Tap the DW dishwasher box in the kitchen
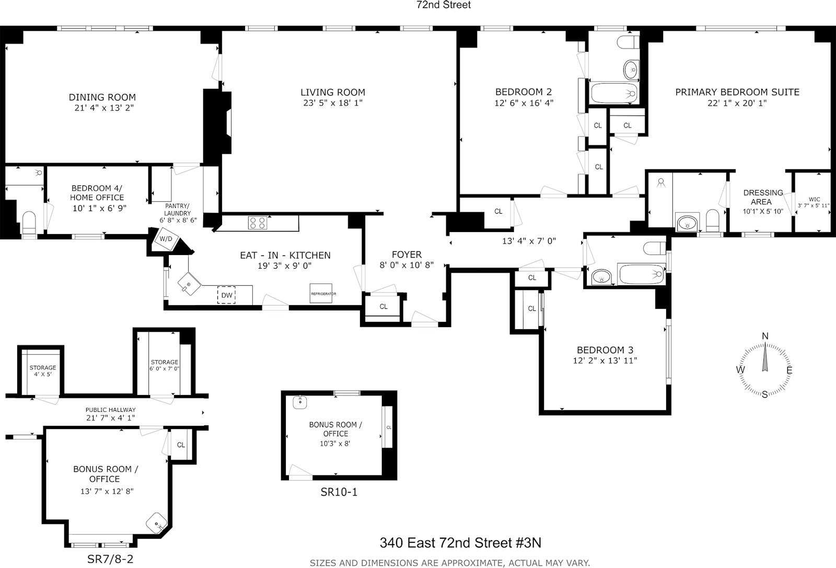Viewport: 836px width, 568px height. coord(227,295)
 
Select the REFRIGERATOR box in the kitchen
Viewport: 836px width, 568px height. coord(321,294)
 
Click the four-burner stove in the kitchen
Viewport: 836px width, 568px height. coord(257,223)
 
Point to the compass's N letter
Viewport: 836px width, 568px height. coord(765,336)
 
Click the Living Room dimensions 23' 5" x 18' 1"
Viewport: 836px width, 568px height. coord(332,103)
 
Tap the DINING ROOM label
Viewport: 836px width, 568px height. coord(102,97)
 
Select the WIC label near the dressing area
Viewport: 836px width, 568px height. coord(814,199)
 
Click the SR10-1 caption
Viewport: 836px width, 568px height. coord(339,492)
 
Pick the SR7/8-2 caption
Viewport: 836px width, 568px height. coord(110,559)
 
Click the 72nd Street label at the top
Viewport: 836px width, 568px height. coord(444,5)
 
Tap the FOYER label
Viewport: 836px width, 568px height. coord(407,254)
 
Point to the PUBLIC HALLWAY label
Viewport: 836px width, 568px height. coord(111,410)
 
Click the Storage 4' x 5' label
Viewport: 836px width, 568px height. coord(42,371)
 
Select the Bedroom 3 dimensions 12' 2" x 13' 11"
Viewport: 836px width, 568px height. coord(605,361)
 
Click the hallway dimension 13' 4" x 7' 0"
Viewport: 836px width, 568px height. coord(529,241)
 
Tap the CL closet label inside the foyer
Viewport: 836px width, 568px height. coord(384,307)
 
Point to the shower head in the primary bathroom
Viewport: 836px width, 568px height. coord(661,182)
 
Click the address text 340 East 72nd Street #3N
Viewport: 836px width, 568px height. coord(460,543)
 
